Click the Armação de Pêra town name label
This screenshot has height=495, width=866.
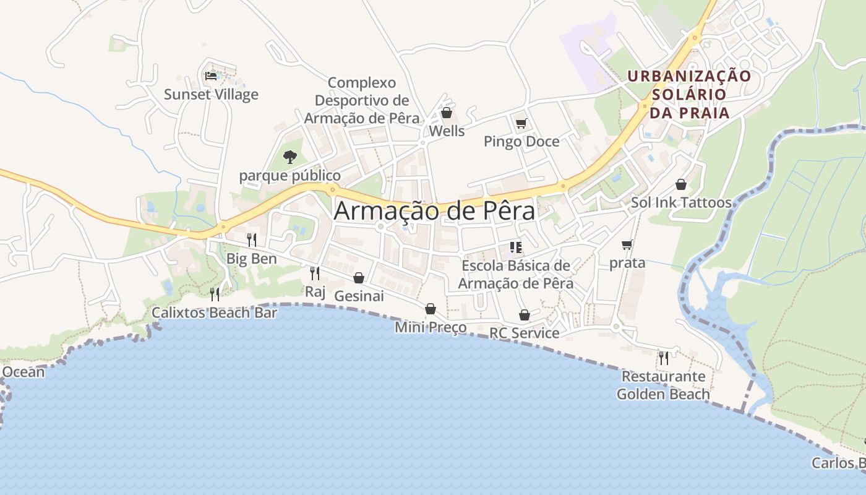click(434, 211)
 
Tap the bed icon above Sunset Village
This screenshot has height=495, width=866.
click(211, 76)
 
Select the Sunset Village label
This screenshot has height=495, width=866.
click(211, 95)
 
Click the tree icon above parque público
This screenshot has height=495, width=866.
click(289, 157)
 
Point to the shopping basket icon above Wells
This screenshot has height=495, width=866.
click(446, 113)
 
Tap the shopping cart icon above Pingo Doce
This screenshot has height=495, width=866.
click(521, 123)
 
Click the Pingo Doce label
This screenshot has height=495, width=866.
click(521, 142)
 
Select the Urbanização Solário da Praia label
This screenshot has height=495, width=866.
click(689, 94)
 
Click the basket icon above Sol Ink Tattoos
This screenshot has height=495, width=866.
click(681, 184)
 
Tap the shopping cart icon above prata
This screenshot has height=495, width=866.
click(627, 245)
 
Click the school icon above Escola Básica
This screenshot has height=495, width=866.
click(516, 247)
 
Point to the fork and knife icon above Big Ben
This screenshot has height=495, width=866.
click(251, 240)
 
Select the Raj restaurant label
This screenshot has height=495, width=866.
click(315, 291)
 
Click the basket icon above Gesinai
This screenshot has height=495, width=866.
click(358, 278)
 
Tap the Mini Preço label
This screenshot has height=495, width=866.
click(431, 327)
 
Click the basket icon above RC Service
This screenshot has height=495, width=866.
click(524, 315)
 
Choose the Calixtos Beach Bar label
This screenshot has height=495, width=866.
click(215, 313)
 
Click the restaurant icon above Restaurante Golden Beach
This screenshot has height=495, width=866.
click(663, 358)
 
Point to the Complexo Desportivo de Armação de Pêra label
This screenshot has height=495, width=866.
click(362, 100)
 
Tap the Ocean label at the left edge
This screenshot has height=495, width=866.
click(24, 372)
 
